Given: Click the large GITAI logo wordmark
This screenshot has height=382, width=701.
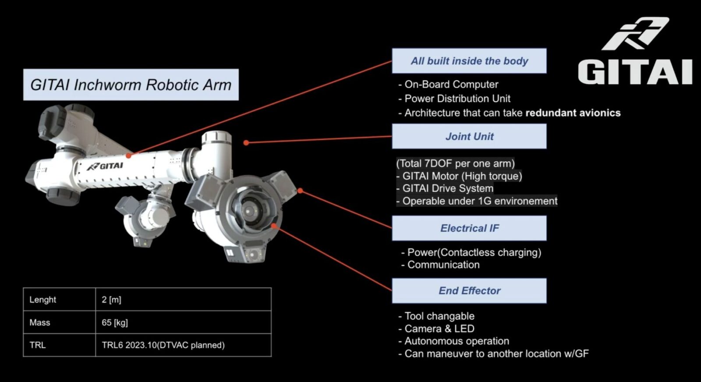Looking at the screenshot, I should pos(635,72).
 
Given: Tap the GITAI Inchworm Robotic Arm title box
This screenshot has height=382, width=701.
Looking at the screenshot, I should pos(131,85).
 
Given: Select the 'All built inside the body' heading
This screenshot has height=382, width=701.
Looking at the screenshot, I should pos(469,61).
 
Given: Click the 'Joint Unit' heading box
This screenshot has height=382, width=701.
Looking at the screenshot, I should pos(469,136).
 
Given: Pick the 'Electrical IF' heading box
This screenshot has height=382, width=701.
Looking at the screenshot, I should pos(469,228).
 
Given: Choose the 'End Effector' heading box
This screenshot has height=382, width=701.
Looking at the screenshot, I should pos(469,290).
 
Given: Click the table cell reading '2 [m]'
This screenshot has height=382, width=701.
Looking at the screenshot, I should pos(111,300).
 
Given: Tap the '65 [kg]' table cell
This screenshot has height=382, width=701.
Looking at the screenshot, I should pos(115,322).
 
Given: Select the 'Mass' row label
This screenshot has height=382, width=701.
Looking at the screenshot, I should pos(40,322).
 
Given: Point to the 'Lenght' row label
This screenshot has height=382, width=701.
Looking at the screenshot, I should pos(42,300).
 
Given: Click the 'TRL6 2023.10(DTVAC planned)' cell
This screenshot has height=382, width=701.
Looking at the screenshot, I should pos(163,345).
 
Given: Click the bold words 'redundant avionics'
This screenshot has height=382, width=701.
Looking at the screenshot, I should pos(573,113).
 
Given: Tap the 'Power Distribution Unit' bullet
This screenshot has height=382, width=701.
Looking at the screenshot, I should pos(457,99).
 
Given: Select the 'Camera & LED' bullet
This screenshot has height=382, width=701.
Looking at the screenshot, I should pos(439,329).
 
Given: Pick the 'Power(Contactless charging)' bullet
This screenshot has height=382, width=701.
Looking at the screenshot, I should pos(474,252).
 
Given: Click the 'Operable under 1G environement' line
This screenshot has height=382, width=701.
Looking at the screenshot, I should pos(479,201).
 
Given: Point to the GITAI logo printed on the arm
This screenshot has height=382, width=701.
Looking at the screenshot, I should pos(105,166).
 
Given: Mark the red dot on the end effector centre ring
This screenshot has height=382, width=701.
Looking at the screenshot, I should pos(274,226).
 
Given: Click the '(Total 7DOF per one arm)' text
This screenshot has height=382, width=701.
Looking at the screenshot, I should pos(455,163).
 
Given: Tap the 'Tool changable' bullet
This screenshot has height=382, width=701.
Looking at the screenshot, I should pos(439,316).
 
